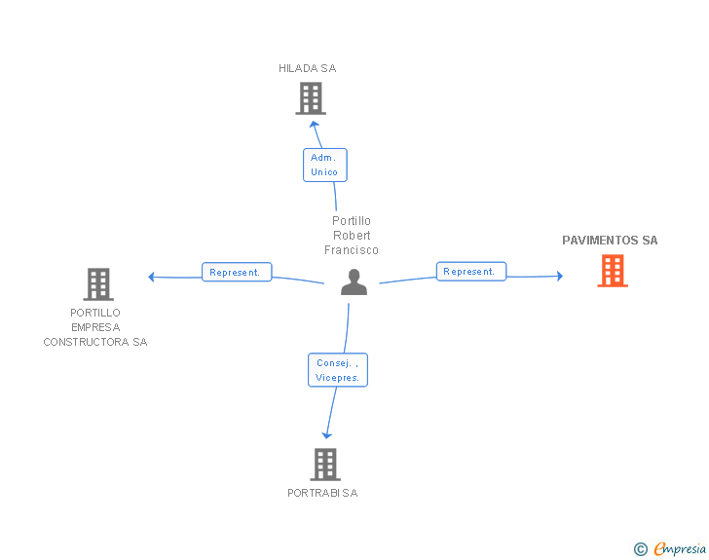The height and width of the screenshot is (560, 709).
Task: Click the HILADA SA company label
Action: (307, 68)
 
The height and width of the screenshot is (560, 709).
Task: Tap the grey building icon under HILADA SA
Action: (311, 98)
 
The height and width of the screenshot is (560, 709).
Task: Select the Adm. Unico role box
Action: (324, 165)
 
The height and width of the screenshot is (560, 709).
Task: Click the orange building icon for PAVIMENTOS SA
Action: (613, 271)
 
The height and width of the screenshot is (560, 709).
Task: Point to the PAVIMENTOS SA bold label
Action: (610, 241)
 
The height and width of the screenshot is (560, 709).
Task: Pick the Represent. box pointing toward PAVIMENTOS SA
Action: (471, 272)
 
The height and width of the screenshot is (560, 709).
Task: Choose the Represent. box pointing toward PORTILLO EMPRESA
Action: (237, 272)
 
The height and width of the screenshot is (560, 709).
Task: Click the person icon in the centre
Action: (354, 281)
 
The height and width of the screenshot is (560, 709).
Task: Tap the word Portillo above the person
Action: (352, 221)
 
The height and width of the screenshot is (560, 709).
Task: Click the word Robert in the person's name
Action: (352, 236)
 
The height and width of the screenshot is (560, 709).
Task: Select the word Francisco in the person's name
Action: (352, 249)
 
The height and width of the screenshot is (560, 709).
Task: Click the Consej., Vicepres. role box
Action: (338, 370)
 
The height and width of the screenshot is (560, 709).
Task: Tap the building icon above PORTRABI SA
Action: (325, 465)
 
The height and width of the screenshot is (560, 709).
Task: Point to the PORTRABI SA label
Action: (322, 493)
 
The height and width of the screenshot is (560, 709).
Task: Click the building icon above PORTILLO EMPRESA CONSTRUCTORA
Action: (98, 284)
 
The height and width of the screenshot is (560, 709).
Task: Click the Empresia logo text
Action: (680, 548)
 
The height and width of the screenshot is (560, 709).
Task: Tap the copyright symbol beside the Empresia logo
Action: (640, 549)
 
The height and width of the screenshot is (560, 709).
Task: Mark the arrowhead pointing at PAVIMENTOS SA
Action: (560, 276)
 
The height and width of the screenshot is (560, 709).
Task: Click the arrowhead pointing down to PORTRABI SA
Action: (326, 435)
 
